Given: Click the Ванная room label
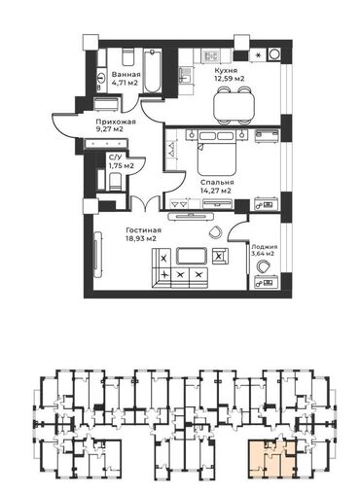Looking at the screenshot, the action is (126, 74).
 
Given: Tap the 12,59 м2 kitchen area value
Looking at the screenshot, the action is (229, 79).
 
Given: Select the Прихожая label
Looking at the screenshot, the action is (116, 122).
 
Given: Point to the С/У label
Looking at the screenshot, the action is (116, 158).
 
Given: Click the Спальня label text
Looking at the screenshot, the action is (217, 182).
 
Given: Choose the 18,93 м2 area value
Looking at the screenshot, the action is (141, 239).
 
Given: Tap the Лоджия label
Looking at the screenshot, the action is (263, 246).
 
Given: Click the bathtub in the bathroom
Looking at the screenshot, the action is (152, 70).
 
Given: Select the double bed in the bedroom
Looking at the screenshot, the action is (217, 153).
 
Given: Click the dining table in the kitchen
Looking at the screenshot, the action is (234, 105).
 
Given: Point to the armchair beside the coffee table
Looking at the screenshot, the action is (220, 256).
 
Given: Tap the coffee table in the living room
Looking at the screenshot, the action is (192, 256).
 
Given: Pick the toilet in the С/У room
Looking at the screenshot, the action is (115, 182).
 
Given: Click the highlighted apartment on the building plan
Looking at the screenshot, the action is (271, 458).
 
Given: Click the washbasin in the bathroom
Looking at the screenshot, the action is (101, 78).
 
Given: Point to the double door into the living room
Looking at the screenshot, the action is (145, 204).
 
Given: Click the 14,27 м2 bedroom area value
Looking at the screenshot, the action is (216, 191).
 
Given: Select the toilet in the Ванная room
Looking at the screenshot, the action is (127, 57).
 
